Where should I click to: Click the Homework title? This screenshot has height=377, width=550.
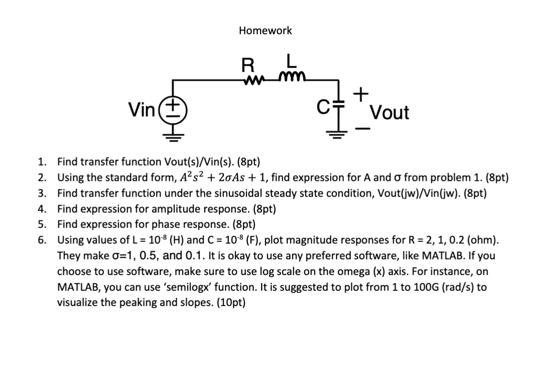click(x=265, y=31)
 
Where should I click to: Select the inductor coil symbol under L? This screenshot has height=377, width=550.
click(x=292, y=80)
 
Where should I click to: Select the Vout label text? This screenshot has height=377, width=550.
click(x=390, y=113)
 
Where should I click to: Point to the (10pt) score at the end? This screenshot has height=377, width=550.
click(x=231, y=302)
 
